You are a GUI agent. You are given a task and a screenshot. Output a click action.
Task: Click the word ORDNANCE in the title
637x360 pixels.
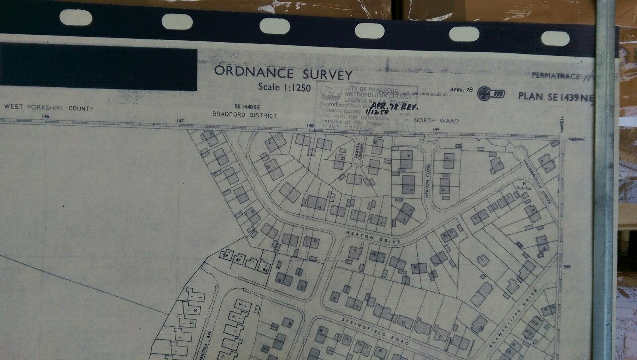[254, 72]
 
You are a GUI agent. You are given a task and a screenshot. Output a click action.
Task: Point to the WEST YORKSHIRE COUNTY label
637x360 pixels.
[49, 108]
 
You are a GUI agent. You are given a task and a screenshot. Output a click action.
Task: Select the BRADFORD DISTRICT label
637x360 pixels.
[244, 115]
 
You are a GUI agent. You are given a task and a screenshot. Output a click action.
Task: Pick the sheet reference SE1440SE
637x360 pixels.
[248, 107]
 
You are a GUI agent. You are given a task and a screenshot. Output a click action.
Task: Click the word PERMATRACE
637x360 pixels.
[556, 76]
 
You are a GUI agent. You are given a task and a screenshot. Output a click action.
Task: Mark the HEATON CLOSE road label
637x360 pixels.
[428, 182]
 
